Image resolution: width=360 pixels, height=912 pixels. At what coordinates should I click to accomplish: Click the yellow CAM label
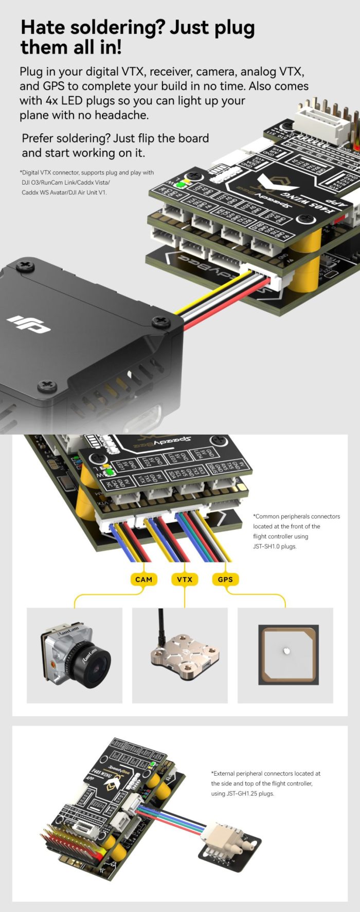pos(143,579)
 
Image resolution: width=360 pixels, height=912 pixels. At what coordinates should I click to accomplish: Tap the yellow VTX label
pos(185,579)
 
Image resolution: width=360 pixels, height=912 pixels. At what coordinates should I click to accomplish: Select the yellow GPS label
pos(225,579)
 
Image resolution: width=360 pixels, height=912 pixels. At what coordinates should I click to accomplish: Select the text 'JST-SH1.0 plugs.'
pos(275,546)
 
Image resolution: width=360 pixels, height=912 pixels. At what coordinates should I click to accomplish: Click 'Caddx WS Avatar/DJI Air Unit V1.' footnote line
pos(64,192)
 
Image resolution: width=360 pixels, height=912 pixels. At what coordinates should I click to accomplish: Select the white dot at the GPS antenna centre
pos(286,651)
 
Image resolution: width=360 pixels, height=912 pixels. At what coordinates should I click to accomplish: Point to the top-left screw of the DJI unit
pos(23,266)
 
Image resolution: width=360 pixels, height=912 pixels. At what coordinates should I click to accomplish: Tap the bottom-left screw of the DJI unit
pos(47,385)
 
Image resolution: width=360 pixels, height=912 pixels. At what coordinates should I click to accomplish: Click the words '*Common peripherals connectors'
pos(296,516)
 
